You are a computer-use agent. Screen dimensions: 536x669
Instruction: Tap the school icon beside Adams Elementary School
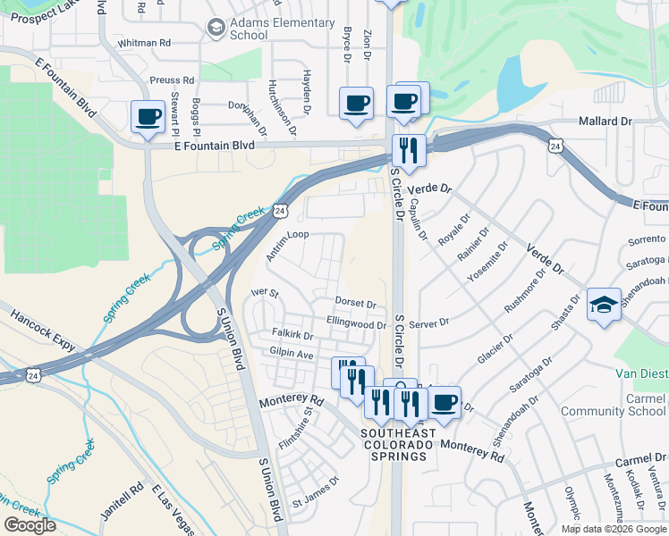[216, 29]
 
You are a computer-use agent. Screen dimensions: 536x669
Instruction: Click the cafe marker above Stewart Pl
[148, 115]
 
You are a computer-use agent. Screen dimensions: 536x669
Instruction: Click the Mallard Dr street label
[605, 121]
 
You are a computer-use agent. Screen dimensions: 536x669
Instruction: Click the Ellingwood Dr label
[356, 325]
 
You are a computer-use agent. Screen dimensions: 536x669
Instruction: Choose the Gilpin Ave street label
[292, 355]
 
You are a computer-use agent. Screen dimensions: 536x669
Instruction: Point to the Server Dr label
[431, 322]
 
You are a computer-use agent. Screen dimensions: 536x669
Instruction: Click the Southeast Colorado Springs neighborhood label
[398, 445]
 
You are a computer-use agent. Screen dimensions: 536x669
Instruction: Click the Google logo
[30, 525]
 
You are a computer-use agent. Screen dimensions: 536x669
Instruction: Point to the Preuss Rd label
[173, 80]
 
